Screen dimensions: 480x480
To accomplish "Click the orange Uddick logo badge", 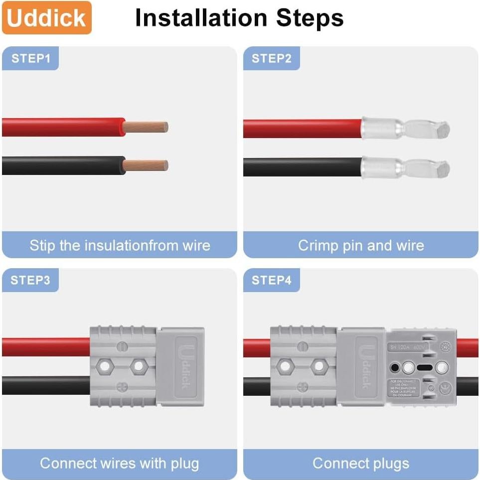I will pyautogui.click(x=46, y=18).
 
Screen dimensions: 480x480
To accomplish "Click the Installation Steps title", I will pyautogui.click(x=239, y=18).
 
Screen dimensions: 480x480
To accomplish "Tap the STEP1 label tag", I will pyautogui.click(x=31, y=58).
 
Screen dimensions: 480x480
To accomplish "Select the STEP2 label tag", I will pyautogui.click(x=271, y=58).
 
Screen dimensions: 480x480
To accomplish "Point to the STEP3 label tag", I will pyautogui.click(x=31, y=280).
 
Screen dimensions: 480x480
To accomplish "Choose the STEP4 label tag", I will pyautogui.click(x=271, y=280).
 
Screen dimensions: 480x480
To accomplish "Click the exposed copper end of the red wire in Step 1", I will pyautogui.click(x=146, y=127).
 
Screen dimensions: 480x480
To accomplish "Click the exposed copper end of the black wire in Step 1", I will pyautogui.click(x=146, y=165).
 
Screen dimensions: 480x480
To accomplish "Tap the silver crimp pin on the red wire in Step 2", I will pyautogui.click(x=405, y=129).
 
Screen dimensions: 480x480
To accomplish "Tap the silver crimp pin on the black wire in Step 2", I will pyautogui.click(x=405, y=167).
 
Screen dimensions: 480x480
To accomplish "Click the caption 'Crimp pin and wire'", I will pyautogui.click(x=361, y=245).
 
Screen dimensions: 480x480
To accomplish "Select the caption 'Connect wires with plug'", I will pyautogui.click(x=120, y=463).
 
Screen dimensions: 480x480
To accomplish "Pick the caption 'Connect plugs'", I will pyautogui.click(x=361, y=463).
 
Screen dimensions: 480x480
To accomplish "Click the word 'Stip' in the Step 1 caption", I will pyautogui.click(x=42, y=245).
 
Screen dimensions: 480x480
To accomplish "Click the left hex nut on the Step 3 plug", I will pyautogui.click(x=105, y=367).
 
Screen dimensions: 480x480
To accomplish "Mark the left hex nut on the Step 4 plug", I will pyautogui.click(x=285, y=367).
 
